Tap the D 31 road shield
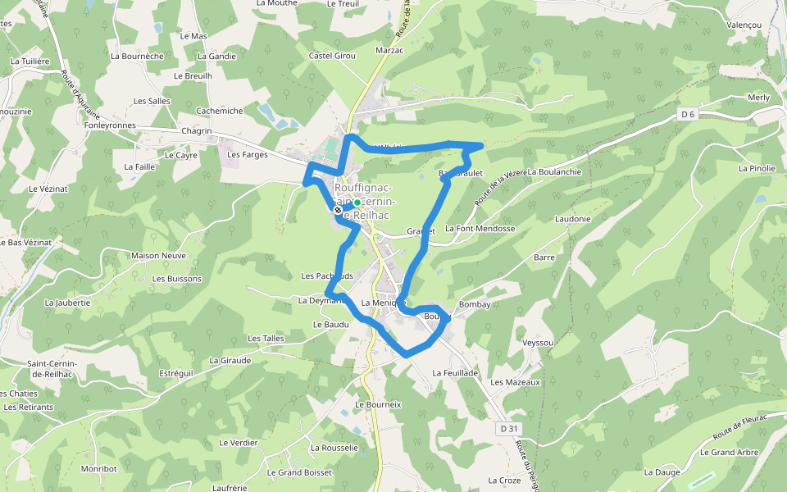[x=508, y=429]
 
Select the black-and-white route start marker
[x=338, y=211]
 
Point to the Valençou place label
[x=744, y=25]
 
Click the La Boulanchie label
[x=554, y=172]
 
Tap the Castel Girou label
[x=332, y=56]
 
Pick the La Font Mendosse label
[x=480, y=229]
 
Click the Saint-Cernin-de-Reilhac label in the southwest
[x=52, y=369]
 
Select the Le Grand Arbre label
[x=729, y=452]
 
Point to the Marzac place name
[x=389, y=51]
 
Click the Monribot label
[x=99, y=469]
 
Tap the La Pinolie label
[x=757, y=168]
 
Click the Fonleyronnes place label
[x=110, y=125]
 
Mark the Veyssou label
[x=539, y=342]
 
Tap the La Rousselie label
[x=334, y=448]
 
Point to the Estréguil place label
[x=176, y=373]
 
